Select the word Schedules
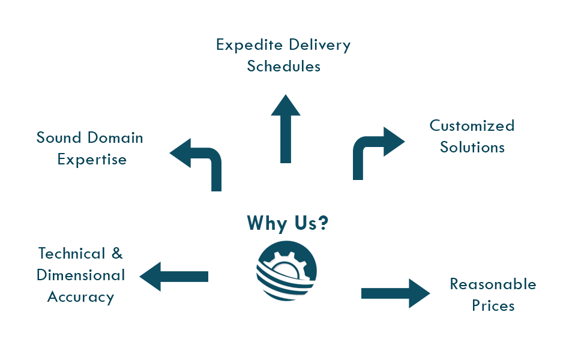(283, 66)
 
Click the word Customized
(472, 126)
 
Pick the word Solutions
(472, 147)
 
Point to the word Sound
(58, 138)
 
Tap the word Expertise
(92, 160)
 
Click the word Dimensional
(80, 275)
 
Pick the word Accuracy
(80, 297)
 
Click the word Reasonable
(493, 284)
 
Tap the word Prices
(493, 305)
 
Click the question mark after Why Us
(322, 223)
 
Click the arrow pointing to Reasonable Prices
(396, 293)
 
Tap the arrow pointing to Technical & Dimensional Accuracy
(174, 276)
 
